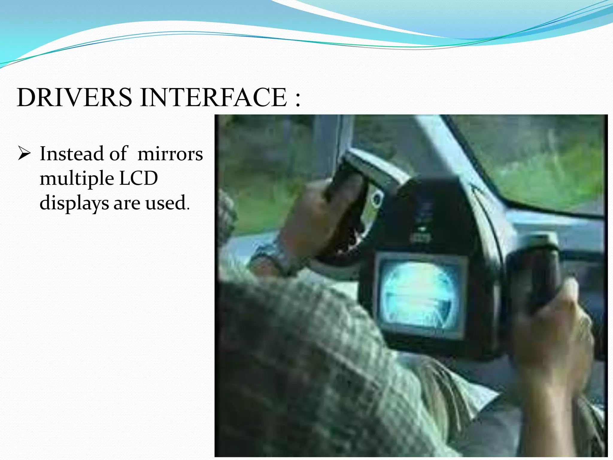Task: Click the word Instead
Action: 72,154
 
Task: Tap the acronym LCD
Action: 138,178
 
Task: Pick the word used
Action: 165,203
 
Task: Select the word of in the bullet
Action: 119,154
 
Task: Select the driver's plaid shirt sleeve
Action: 314,359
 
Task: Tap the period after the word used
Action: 188,209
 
